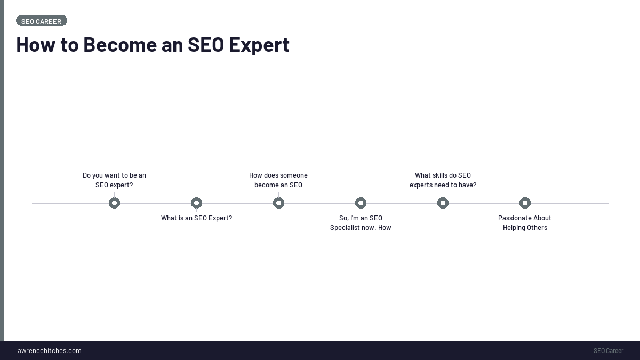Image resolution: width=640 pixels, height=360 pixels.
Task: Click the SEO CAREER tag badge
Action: click(42, 21)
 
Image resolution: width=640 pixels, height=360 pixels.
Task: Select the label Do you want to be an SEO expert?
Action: click(114, 180)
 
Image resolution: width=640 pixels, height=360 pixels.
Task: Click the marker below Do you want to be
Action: click(114, 203)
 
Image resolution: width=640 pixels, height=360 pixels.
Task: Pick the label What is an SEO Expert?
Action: click(196, 218)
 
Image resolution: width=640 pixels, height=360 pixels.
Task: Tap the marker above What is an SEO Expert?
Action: click(196, 203)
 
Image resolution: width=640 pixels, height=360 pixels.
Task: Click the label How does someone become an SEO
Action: click(278, 180)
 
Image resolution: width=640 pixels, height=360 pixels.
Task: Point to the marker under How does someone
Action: click(278, 203)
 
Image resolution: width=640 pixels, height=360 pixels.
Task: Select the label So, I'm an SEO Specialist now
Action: click(361, 223)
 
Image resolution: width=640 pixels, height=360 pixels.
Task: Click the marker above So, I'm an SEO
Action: click(361, 203)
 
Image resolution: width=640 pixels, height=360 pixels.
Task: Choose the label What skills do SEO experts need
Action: click(443, 180)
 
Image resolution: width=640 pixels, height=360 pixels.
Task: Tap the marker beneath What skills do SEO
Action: click(443, 203)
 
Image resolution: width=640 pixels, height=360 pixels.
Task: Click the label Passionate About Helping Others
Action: click(525, 223)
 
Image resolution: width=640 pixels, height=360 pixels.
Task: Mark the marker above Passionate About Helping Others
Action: click(525, 203)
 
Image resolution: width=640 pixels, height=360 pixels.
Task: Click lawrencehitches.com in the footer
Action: click(49, 351)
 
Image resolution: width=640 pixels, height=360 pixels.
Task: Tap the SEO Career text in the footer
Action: click(608, 351)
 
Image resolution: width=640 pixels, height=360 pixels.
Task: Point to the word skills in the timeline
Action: click(441, 175)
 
